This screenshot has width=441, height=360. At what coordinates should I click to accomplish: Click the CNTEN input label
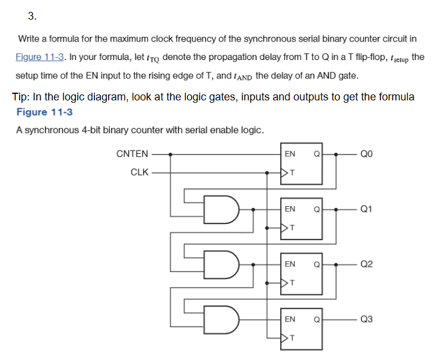click(x=132, y=154)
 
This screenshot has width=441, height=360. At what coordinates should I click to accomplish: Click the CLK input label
click(x=139, y=173)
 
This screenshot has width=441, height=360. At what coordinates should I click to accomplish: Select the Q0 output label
click(x=366, y=154)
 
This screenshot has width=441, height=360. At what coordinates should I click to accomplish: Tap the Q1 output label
click(x=366, y=209)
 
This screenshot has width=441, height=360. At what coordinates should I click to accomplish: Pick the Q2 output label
click(x=366, y=264)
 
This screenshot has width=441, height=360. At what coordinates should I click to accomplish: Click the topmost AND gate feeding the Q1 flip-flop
click(x=222, y=209)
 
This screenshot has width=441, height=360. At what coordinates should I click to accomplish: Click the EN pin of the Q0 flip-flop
click(x=290, y=154)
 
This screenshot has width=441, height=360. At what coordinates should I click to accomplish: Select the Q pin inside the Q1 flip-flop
click(x=317, y=209)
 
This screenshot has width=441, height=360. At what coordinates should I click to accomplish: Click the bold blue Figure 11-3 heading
click(x=45, y=112)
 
